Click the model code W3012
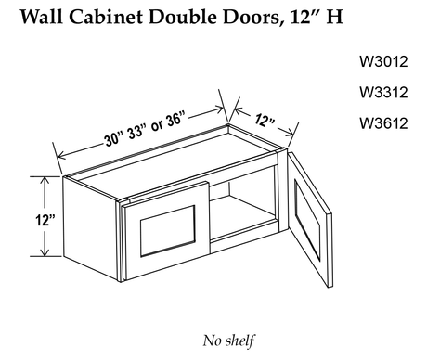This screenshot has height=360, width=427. pos(383,61)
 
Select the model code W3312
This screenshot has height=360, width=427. pos(383,92)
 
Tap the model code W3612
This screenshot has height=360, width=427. pos(383,123)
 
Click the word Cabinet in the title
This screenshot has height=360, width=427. pos(106,17)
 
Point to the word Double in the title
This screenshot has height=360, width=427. pos(183,17)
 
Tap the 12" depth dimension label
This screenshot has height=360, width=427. pos(265,121)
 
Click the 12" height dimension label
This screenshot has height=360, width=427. pos(45,220)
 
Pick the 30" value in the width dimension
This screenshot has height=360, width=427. pos(114,138)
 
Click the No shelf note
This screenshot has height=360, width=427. pos(229,341)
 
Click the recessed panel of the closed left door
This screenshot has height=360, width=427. pos(168,231)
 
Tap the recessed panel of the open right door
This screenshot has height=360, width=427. pos(307,219)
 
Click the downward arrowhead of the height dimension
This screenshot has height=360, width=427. pos(45,252)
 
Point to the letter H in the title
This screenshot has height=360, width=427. pos(334,17)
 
